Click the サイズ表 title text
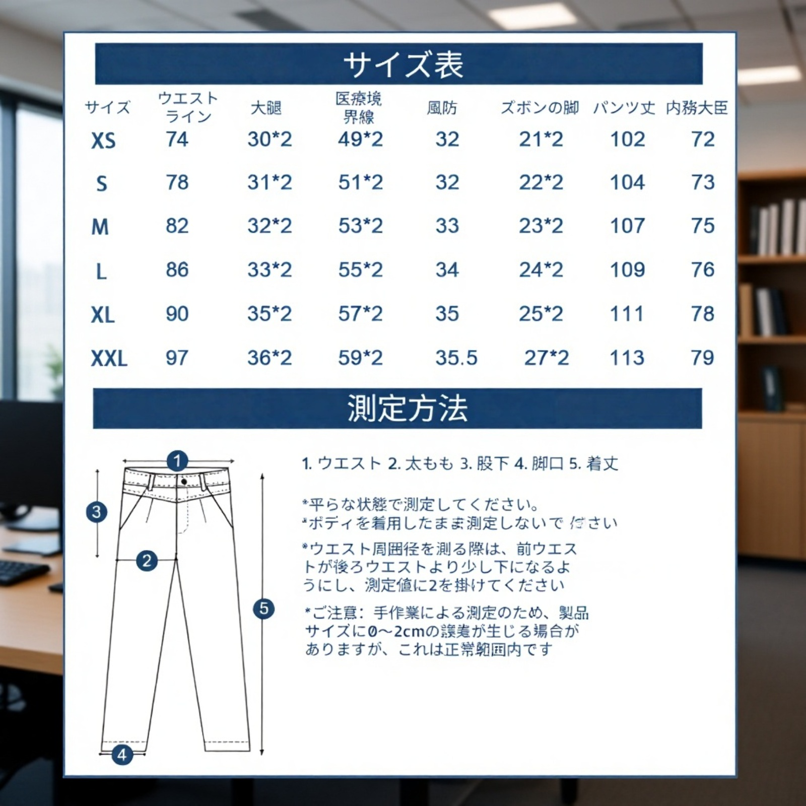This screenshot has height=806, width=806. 403,64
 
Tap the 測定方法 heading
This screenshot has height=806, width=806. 407,409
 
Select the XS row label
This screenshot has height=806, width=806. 103,141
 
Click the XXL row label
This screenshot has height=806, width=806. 109,359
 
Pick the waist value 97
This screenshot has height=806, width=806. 177,358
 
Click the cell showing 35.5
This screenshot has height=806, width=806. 456,358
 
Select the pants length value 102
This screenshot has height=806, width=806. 627,140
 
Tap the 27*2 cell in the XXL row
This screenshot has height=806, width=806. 547,358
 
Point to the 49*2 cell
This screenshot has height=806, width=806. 360,140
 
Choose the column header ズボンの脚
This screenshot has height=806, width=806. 540,108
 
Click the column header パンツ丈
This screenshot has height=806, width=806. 624,108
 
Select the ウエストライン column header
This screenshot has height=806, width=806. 188,107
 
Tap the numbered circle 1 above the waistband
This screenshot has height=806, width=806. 177,460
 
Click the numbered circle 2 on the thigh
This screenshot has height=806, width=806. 147,561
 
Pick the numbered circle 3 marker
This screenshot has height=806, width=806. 97,512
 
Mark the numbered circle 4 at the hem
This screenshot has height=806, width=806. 122,755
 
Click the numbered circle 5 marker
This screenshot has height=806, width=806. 263,609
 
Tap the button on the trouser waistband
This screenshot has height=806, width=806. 184,482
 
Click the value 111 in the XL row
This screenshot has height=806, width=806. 627,314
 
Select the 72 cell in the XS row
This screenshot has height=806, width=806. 703,140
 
